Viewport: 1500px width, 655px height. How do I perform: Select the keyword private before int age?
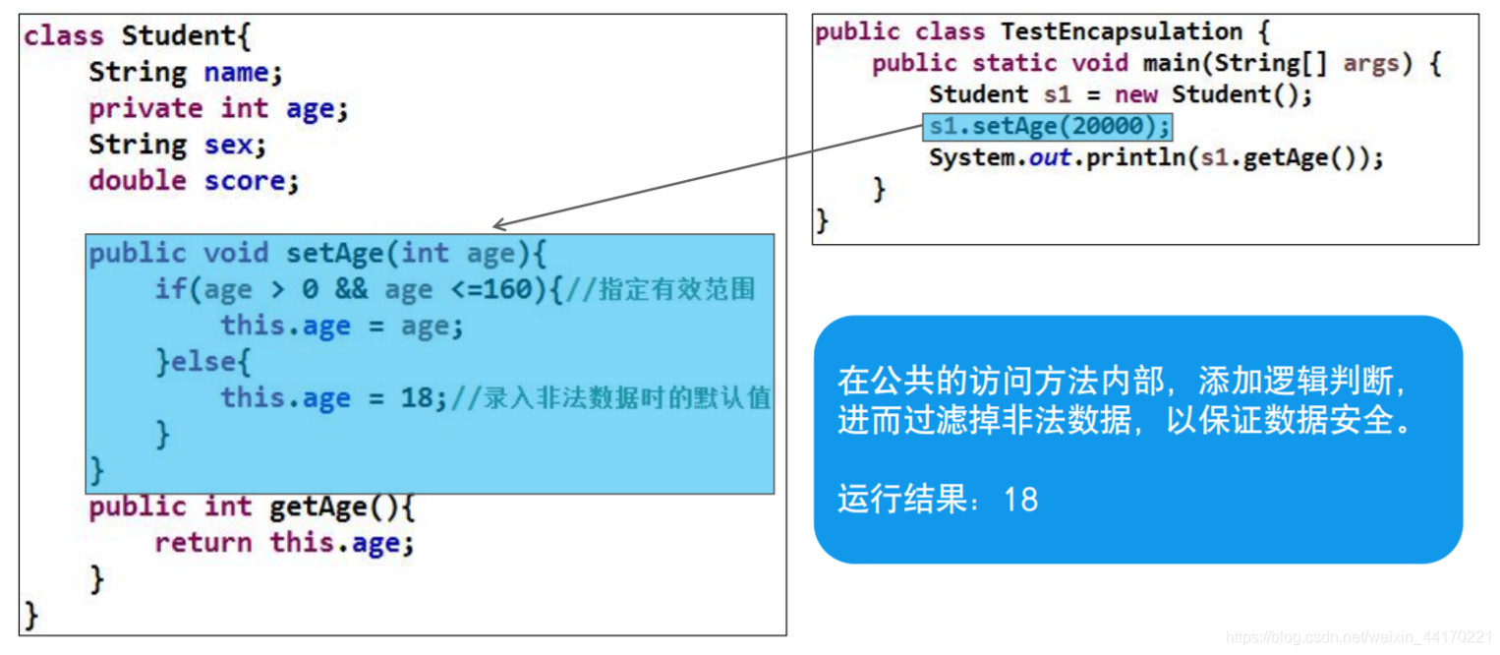click(145, 108)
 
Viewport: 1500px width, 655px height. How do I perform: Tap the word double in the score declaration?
click(137, 181)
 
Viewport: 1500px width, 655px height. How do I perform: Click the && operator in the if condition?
click(350, 290)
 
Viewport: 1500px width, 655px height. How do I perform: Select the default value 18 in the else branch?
click(417, 398)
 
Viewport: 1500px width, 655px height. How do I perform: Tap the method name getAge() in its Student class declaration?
click(333, 507)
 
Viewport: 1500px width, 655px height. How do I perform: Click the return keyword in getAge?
click(202, 543)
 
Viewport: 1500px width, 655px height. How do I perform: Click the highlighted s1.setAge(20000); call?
click(1048, 127)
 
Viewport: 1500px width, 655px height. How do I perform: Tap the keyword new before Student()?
click(1133, 95)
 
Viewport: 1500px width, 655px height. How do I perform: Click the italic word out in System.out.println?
click(1050, 158)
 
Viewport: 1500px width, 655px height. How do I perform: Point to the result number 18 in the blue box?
click(1021, 500)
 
